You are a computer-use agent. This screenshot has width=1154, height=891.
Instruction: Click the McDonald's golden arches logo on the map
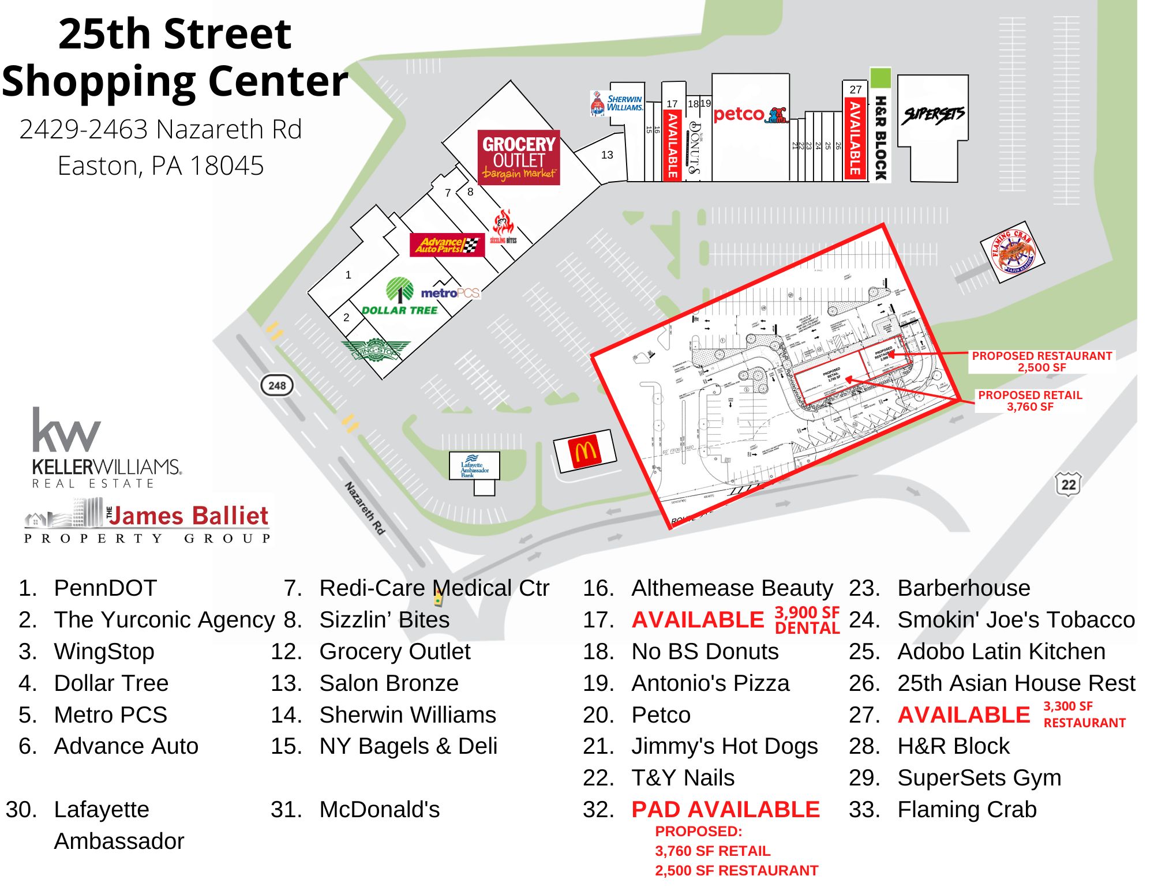click(x=585, y=452)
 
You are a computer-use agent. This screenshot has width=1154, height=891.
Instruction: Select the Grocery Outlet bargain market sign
click(x=519, y=157)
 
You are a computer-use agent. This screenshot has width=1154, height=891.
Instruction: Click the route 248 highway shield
click(x=277, y=385)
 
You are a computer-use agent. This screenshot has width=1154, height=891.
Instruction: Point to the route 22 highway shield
click(x=1068, y=484)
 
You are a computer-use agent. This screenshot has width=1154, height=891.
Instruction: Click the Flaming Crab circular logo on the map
click(x=1013, y=251)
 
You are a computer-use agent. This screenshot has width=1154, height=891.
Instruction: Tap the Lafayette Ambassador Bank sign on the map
click(x=474, y=466)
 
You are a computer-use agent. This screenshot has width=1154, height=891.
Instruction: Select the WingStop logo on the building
click(x=376, y=350)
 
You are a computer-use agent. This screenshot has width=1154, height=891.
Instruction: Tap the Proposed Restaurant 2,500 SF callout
click(x=1041, y=362)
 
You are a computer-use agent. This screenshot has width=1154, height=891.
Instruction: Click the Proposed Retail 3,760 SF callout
click(x=1030, y=401)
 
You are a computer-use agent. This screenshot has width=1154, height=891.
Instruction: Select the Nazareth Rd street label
click(x=365, y=507)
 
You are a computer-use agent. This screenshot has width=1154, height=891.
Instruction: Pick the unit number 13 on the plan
click(x=607, y=155)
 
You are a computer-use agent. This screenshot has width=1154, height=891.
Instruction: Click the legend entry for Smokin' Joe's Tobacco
click(x=1016, y=620)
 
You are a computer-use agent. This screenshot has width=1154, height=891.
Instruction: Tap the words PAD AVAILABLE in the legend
click(x=725, y=810)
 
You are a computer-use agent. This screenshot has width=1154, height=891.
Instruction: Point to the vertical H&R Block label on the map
click(x=880, y=138)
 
